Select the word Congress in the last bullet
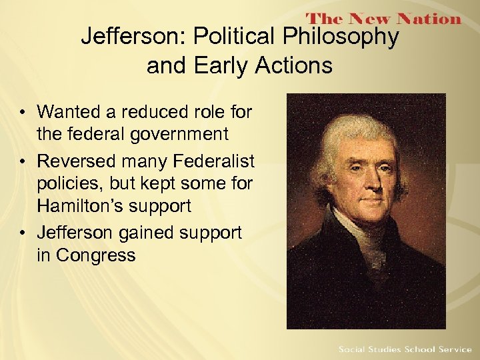coord(95,255)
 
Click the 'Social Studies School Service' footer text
coord(404,349)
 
